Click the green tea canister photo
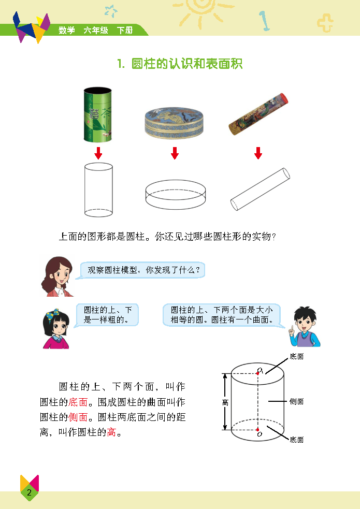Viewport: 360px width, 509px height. pyautogui.click(x=98, y=114)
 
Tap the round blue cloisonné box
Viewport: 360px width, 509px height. pyautogui.click(x=174, y=123)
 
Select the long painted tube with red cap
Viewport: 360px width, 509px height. pyautogui.click(x=258, y=114)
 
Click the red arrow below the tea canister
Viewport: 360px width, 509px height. pyautogui.click(x=98, y=153)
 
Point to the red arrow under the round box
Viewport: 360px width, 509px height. pyautogui.click(x=175, y=153)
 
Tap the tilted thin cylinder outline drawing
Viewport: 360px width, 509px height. pyautogui.click(x=260, y=189)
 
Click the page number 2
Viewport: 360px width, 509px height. pyautogui.click(x=29, y=492)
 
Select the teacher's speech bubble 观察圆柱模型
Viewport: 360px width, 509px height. pyautogui.click(x=142, y=270)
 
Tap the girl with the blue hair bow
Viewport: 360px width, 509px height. pyautogui.click(x=56, y=329)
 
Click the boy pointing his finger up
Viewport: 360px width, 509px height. pyautogui.click(x=304, y=327)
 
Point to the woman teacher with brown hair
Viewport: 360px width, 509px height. pyautogui.click(x=57, y=277)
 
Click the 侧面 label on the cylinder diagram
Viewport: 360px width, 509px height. pyautogui.click(x=296, y=401)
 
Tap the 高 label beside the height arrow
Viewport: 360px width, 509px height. pyautogui.click(x=225, y=402)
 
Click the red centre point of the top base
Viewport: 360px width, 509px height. pyautogui.click(x=258, y=374)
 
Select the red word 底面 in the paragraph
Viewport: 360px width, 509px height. pyautogui.click(x=78, y=402)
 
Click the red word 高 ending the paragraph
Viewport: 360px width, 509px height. pyautogui.click(x=111, y=432)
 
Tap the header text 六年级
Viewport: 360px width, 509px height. pyautogui.click(x=96, y=30)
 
